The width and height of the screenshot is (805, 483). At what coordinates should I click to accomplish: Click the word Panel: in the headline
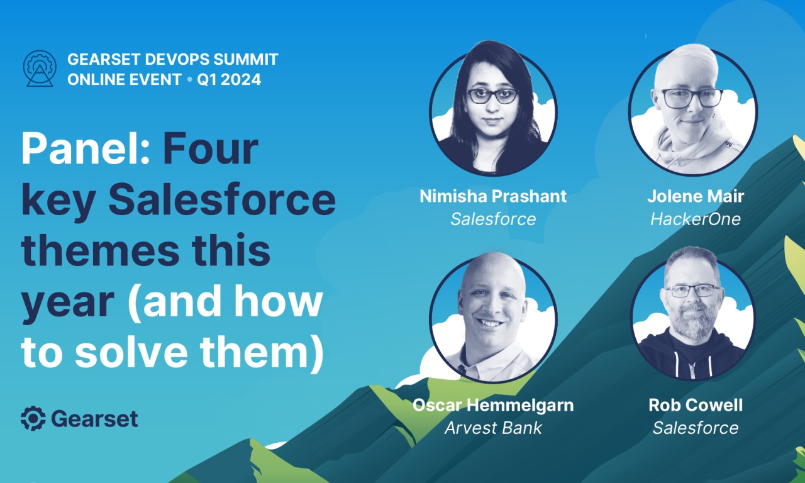pos(85,150)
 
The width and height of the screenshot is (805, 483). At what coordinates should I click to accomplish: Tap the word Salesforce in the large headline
pos(222,200)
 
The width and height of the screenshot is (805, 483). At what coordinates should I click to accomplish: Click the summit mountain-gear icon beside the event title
pos(40,69)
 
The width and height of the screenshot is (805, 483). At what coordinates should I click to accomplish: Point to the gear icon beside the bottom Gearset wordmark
pos(33,418)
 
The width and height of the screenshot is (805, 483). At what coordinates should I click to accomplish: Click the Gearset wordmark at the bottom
pos(94,419)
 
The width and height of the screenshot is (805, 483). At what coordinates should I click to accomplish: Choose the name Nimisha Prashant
pos(493,196)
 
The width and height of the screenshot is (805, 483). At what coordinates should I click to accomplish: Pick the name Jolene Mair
pos(695,196)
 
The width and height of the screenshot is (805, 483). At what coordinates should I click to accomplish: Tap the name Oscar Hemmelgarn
pos(493,405)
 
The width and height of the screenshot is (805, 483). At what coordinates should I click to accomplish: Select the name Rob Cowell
pos(695,405)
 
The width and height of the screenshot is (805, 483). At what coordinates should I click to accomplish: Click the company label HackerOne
pos(695,219)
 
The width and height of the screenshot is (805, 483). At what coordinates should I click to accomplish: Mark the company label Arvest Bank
pos(493,428)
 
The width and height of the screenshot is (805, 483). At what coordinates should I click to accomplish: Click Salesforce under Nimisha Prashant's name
pos(493,219)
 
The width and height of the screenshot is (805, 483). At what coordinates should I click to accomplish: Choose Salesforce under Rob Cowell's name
pos(695,428)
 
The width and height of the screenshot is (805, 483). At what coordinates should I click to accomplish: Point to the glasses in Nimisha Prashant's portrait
pos(492,96)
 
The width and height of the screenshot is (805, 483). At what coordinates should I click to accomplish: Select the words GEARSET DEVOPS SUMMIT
pos(172,60)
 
